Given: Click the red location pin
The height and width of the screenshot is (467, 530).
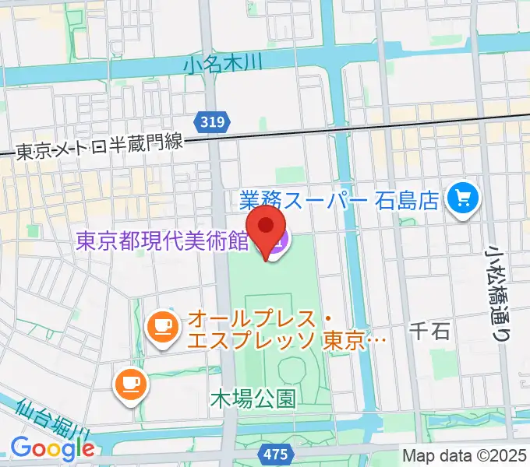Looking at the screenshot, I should tap(267, 233).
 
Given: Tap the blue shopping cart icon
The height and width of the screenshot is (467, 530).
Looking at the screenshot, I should tap(464, 200).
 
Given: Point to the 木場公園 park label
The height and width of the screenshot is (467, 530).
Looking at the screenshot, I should tap(253, 399).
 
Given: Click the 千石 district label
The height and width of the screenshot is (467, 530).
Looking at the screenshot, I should tap(429, 332).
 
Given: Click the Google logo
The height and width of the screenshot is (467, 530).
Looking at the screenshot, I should tap(52, 448).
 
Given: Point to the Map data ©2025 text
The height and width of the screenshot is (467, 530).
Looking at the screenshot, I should tap(465, 455).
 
